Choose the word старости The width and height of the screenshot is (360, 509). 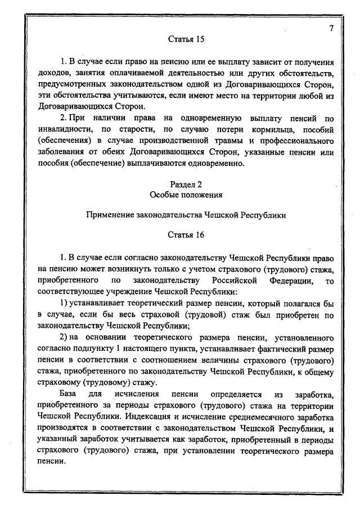click(129, 130)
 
